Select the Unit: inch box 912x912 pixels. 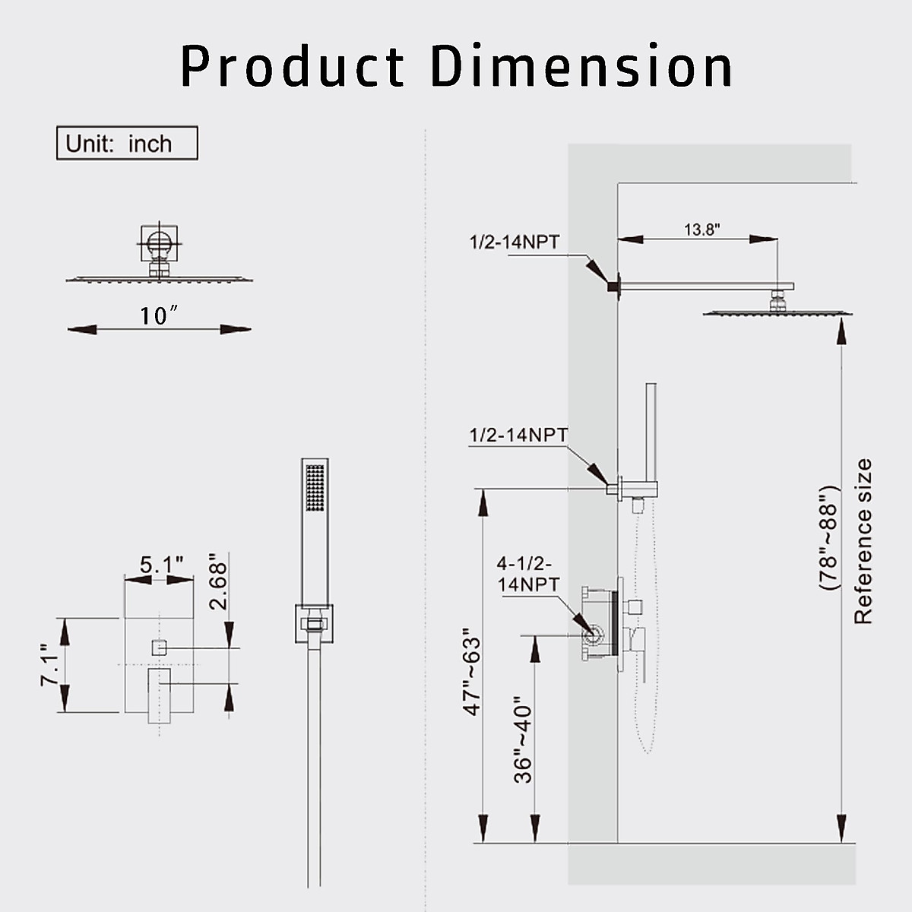click(x=127, y=143)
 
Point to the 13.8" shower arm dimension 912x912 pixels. click(x=701, y=230)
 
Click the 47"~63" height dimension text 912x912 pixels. click(x=472, y=671)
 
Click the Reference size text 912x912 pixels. click(x=863, y=541)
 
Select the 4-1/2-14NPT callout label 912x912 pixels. click(x=527, y=574)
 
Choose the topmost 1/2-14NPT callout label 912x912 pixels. click(x=514, y=242)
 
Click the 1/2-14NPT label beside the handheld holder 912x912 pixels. click(x=518, y=435)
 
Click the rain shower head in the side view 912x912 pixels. click(x=772, y=312)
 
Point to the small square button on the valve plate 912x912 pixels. click(x=159, y=648)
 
